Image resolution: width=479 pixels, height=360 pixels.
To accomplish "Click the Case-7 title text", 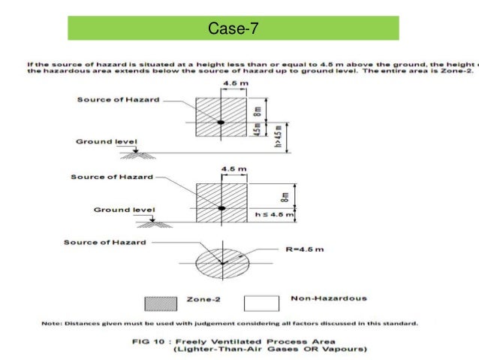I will (x=233, y=28).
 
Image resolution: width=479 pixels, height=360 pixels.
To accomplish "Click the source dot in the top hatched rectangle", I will (x=220, y=122).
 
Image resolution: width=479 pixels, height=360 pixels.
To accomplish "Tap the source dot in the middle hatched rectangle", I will (x=220, y=207).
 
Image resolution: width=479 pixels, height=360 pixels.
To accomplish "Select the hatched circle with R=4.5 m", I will (x=222, y=262).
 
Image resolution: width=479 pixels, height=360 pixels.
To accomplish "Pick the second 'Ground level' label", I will (x=123, y=210).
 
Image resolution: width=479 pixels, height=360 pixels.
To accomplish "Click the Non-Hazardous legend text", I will (x=329, y=298).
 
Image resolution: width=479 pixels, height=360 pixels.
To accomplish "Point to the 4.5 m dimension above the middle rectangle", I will (x=234, y=169).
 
